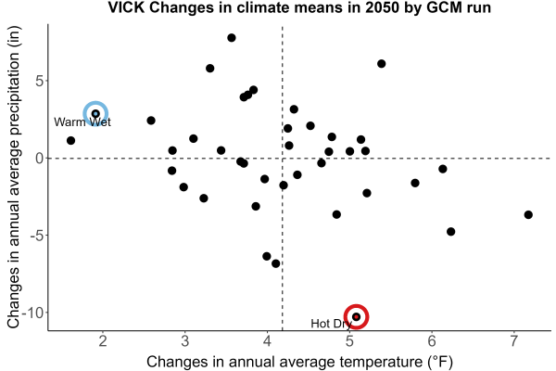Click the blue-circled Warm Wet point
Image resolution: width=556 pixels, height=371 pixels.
point(95,113)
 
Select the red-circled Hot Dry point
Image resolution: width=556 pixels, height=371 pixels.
point(357,316)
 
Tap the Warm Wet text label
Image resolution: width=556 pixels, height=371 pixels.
point(82,122)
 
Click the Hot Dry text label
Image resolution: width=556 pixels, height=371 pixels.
point(331,324)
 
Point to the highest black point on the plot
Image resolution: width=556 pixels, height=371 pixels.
point(232,38)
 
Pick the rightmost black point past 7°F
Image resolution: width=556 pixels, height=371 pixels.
point(528,214)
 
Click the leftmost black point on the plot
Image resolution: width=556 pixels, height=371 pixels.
point(71,141)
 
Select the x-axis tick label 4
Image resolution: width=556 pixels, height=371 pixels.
point(268,341)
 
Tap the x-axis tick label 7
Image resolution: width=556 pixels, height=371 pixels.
point(514,341)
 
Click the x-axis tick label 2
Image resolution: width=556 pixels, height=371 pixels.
point(103,341)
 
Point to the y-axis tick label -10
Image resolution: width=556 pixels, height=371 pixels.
point(32,313)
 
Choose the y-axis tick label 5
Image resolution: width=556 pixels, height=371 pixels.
point(39,81)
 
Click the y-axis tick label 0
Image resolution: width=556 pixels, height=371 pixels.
point(39,159)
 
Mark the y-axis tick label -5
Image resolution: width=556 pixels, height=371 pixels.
point(37,236)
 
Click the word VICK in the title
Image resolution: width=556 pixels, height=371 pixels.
point(126,7)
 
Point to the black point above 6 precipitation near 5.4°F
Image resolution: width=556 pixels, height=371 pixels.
point(382,64)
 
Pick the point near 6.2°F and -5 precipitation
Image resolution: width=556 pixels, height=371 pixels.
point(450,232)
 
